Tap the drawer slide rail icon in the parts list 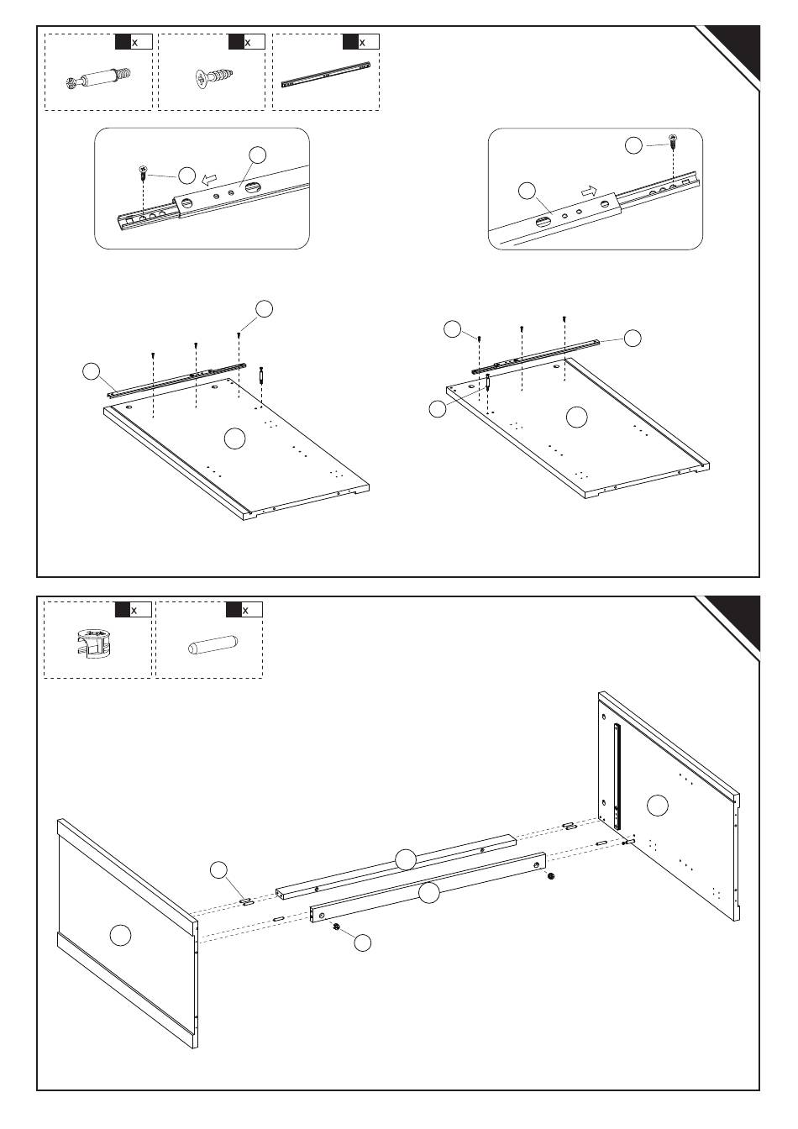(326, 74)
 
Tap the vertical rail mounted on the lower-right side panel (617, 773)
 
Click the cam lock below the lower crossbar (335, 927)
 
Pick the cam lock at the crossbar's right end (551, 877)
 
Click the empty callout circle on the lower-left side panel (121, 933)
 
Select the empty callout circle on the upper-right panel (576, 417)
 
